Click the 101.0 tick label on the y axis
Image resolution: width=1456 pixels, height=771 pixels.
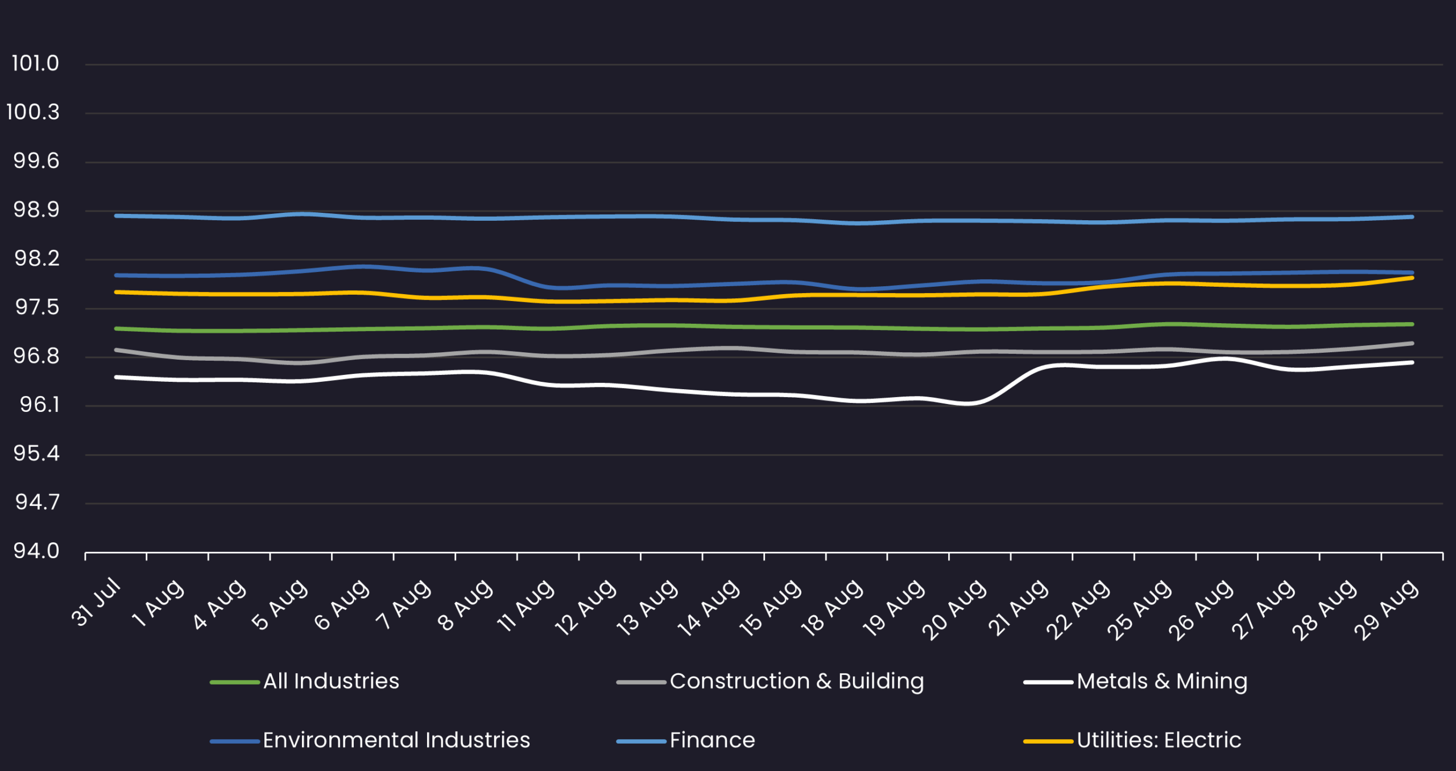tap(35, 64)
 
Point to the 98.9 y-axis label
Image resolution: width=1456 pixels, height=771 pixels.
tap(36, 210)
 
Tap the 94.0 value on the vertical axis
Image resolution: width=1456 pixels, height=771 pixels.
tap(36, 551)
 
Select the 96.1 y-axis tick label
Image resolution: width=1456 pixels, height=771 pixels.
tap(39, 405)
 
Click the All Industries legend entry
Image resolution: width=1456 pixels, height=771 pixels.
tap(331, 681)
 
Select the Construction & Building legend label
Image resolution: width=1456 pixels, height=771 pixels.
tap(796, 681)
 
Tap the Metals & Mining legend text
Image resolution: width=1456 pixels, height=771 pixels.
tap(1161, 681)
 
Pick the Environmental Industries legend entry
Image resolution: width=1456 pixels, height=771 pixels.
tap(396, 740)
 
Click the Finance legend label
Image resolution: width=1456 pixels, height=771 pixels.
tap(712, 740)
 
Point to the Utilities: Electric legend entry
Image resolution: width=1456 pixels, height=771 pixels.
tap(1159, 740)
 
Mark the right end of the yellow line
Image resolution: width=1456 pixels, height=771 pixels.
tap(1412, 278)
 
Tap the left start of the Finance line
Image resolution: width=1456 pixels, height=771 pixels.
tap(116, 216)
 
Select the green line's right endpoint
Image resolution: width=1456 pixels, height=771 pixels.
tap(1412, 324)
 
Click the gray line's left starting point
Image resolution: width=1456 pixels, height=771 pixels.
tap(116, 350)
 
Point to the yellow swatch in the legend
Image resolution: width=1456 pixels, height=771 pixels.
tap(1048, 741)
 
